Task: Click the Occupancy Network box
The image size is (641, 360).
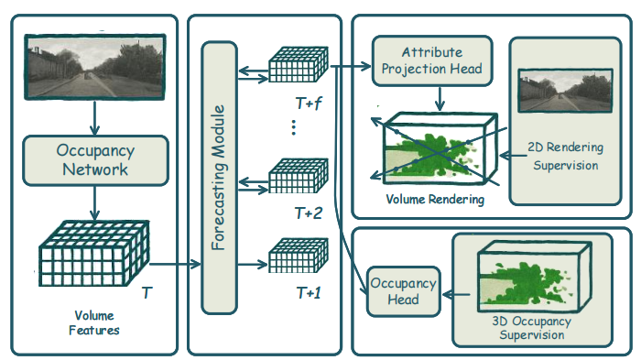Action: (95, 160)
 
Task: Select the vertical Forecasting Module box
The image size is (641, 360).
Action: (219, 178)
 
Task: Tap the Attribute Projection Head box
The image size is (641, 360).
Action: (432, 61)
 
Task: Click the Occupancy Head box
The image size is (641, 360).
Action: (403, 291)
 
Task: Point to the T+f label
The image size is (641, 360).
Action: (309, 104)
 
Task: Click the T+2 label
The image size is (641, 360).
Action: (309, 213)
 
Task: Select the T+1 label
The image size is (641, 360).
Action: (309, 293)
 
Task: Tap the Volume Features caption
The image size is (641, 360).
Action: (94, 322)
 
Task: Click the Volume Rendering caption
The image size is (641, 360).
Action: (435, 199)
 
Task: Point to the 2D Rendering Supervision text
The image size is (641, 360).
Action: (565, 156)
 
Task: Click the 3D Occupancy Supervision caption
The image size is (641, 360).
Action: (531, 328)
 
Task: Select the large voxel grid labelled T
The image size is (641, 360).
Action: (94, 253)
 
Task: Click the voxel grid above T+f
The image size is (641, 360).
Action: (299, 65)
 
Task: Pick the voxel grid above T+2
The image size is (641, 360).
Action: (299, 176)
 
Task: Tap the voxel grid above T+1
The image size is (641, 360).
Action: (299, 256)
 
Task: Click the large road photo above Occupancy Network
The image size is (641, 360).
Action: (95, 67)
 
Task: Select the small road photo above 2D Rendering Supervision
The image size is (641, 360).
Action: (565, 91)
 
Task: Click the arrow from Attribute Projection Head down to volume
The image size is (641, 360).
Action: (440, 99)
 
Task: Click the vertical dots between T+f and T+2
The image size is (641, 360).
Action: (294, 127)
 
